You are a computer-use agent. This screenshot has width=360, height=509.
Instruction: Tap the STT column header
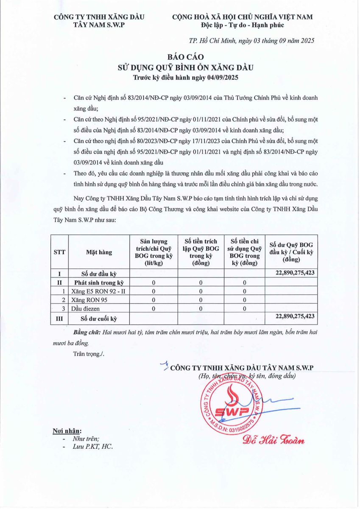click(x=59, y=252)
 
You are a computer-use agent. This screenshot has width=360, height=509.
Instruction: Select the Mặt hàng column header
click(x=99, y=252)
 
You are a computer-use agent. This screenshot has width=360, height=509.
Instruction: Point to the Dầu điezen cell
click(x=86, y=308)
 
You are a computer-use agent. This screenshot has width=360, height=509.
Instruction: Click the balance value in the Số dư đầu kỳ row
click(x=295, y=273)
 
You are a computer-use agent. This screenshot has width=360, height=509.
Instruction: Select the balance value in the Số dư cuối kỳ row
click(x=295, y=316)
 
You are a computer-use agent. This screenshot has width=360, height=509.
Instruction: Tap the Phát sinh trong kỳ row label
click(x=99, y=282)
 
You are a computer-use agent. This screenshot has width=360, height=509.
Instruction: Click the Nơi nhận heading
click(x=67, y=431)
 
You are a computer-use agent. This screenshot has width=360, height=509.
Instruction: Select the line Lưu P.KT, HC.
click(x=93, y=447)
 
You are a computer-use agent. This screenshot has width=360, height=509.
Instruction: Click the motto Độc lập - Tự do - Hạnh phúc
click(x=242, y=25)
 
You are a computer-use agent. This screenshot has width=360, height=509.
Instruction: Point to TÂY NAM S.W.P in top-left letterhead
click(x=99, y=25)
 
